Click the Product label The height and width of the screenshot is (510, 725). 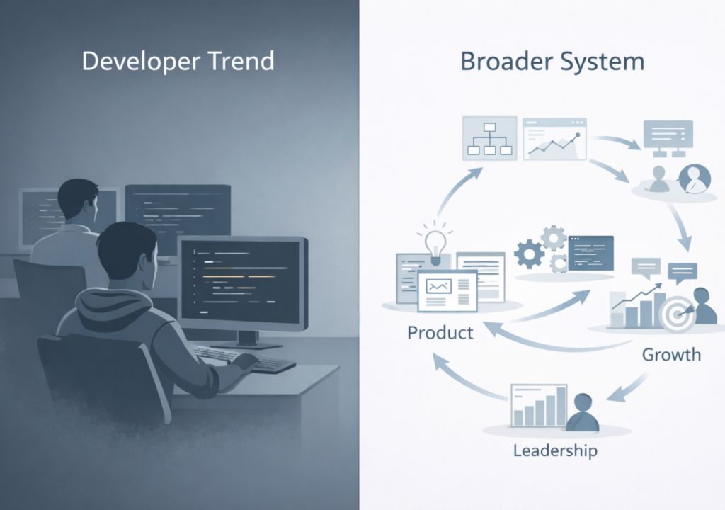coord(440,332)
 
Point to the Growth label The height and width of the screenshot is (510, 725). coord(671,353)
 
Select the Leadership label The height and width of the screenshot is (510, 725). coord(555,450)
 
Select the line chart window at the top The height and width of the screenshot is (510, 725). coord(555,139)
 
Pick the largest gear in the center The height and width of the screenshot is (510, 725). coord(530,253)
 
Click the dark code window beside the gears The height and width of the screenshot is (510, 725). coord(590,254)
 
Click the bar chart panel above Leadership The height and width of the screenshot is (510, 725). coord(539,405)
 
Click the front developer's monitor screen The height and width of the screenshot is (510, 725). coord(241,280)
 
